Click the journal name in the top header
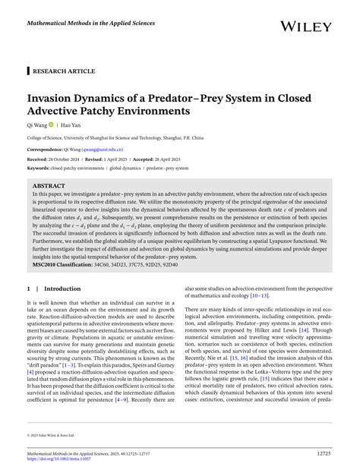pos(92,24)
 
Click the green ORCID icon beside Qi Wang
pos(52,125)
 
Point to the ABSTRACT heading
pos(49,185)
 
